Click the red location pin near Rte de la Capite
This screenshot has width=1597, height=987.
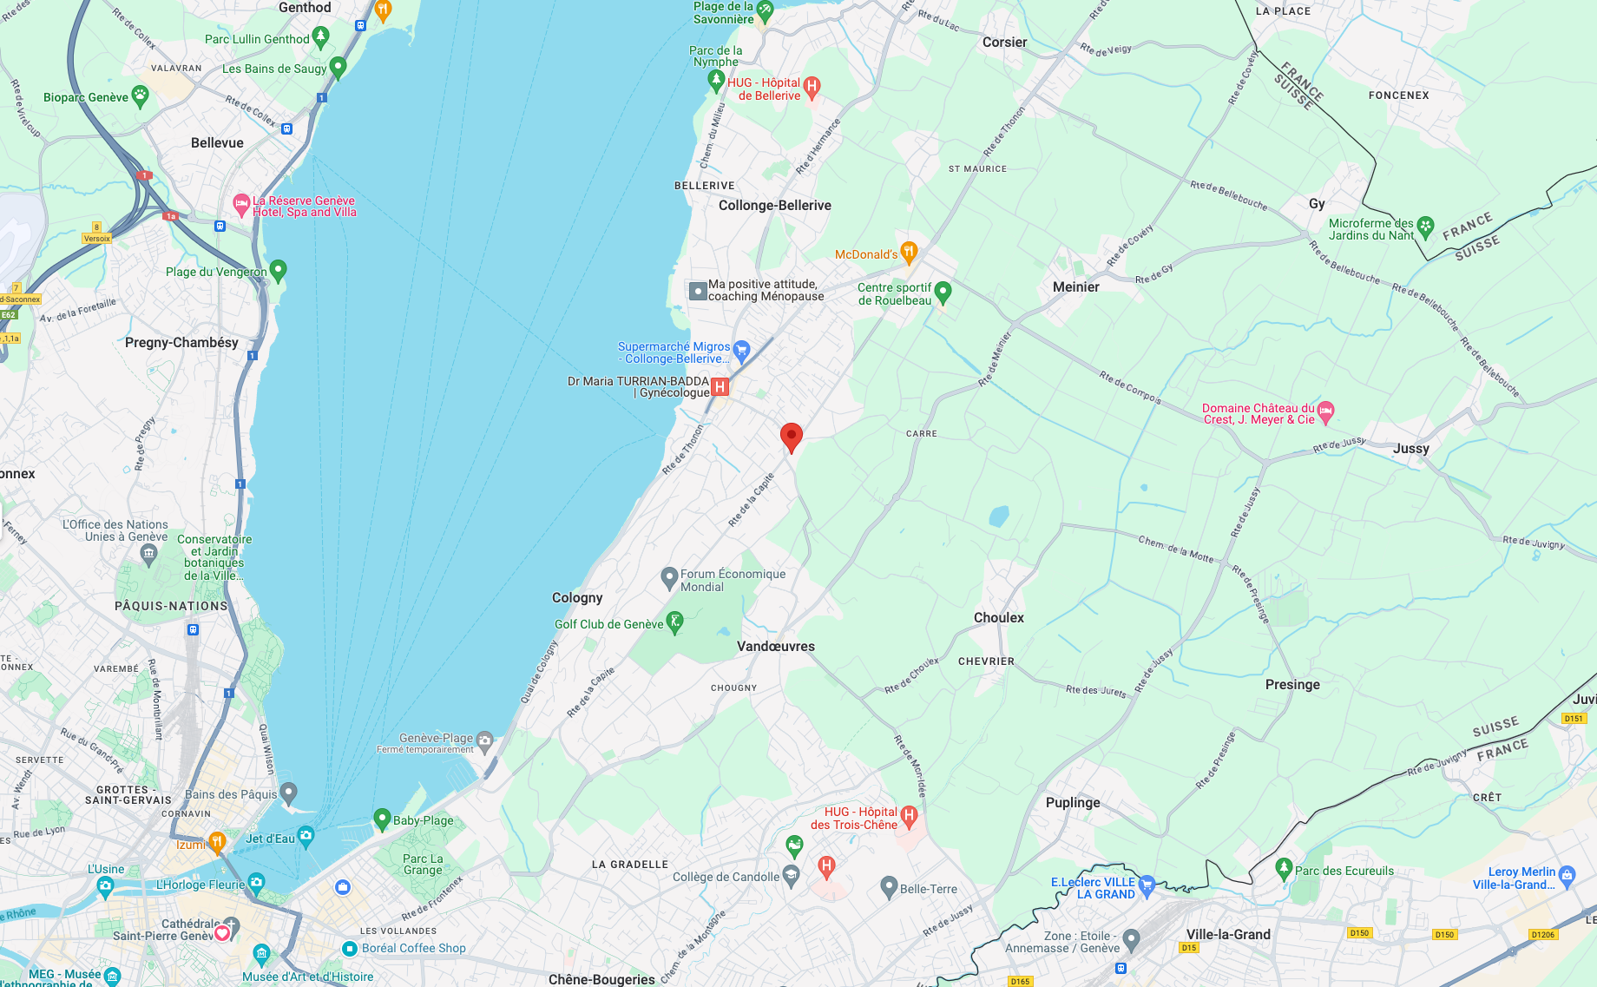click(791, 437)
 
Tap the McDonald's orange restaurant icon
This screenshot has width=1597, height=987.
click(909, 253)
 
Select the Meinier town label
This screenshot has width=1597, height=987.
click(1075, 287)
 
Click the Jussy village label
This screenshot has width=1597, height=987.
click(1410, 449)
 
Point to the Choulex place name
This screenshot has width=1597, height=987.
click(998, 618)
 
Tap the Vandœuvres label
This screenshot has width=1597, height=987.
click(775, 647)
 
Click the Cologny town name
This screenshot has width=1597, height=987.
click(576, 598)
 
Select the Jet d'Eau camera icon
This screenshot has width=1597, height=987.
click(306, 837)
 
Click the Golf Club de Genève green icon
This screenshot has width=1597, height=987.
click(674, 622)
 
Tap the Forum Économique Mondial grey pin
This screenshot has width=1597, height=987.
click(669, 577)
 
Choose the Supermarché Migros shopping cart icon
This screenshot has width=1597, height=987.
click(740, 351)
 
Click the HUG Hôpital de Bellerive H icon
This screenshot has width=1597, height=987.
click(812, 86)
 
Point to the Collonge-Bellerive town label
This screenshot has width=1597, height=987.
click(774, 206)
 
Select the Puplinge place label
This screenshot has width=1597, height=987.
click(1072, 803)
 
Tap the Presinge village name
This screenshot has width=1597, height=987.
click(1291, 685)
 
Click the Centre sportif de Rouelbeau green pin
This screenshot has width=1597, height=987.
click(943, 292)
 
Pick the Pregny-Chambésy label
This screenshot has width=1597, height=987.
click(181, 343)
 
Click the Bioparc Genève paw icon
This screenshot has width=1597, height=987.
click(140, 95)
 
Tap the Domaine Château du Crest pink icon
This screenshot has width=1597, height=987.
click(1325, 411)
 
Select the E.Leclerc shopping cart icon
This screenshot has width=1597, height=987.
click(1147, 885)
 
